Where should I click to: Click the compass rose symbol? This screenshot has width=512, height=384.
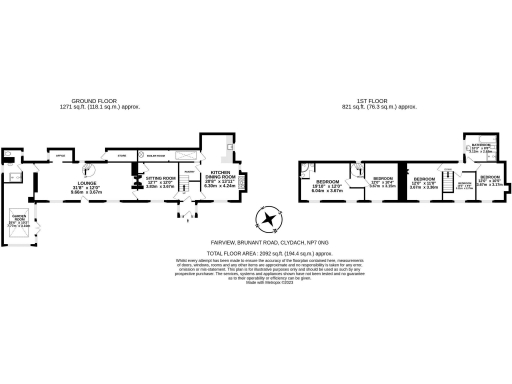tap(267, 220)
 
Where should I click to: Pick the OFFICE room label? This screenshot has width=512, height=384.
tap(59, 155)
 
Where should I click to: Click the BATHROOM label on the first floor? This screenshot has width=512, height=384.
tap(480, 148)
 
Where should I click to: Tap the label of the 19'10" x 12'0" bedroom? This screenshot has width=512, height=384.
tap(329, 184)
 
